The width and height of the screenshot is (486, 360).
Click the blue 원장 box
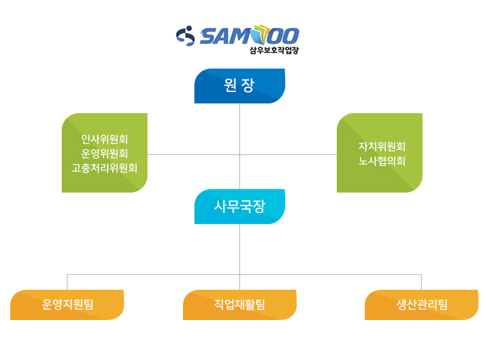[240, 86]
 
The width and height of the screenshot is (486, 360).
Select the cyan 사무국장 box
[240, 206]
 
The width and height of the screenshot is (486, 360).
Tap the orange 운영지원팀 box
[67, 305]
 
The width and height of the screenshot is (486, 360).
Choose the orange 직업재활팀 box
[240, 305]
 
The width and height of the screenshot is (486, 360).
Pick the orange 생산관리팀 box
[421, 305]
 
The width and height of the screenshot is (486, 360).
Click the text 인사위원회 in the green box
[105, 139]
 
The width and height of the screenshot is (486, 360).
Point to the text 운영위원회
[105, 153]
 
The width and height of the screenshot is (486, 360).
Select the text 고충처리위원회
[105, 168]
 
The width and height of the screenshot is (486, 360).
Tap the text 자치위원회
[382, 146]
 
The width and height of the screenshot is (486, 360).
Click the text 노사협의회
[382, 161]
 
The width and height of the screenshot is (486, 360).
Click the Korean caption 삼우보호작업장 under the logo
[274, 50]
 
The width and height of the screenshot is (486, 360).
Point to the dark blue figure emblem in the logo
[185, 35]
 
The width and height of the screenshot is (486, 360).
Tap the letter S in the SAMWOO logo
[209, 36]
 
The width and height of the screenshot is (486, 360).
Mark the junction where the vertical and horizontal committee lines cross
[240, 154]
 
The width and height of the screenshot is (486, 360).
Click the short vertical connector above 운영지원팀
[67, 282]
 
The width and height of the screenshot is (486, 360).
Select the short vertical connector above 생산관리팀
[421, 282]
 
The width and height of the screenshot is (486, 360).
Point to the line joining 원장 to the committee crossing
[240, 129]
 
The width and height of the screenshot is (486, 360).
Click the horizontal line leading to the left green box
[193, 154]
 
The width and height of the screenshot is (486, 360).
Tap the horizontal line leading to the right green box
[288, 154]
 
